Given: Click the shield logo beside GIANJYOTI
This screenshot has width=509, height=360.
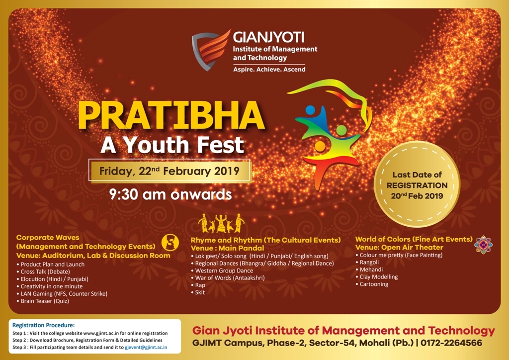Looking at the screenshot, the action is (x=210, y=50).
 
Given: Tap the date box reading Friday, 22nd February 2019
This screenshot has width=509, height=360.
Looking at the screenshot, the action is (x=170, y=171).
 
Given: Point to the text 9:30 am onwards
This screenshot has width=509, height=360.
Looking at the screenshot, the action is (x=170, y=194).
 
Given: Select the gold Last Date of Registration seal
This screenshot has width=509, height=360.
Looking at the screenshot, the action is (x=417, y=184).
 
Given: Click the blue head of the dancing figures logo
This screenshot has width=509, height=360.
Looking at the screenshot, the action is (x=310, y=110).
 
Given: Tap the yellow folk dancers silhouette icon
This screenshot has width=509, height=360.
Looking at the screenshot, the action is (x=221, y=223).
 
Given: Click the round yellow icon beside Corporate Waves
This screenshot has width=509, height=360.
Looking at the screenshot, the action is (x=170, y=242).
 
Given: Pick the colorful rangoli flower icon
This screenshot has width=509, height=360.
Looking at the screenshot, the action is (x=483, y=245).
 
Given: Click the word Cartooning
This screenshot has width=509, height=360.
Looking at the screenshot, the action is (x=374, y=284).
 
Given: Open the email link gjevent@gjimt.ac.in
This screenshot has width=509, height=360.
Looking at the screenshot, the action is (x=146, y=347).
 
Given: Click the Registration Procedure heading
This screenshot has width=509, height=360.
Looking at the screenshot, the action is (x=44, y=325).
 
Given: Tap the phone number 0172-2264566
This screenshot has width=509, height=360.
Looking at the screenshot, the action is (x=451, y=343).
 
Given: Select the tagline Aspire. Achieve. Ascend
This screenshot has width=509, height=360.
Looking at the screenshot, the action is (x=269, y=69).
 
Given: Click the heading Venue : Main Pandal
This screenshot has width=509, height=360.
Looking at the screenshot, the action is (x=227, y=248).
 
